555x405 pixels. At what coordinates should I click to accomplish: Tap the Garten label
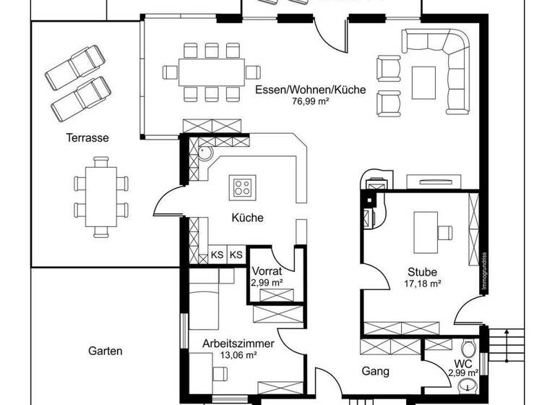[106, 351]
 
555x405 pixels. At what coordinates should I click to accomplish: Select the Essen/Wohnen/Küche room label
[310, 90]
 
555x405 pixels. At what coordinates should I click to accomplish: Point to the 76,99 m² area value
[310, 103]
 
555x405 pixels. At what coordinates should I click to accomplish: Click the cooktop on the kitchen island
[241, 188]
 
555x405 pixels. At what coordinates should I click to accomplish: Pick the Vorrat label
[266, 272]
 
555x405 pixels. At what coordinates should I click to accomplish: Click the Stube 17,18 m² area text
[422, 284]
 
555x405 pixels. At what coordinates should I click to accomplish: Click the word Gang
[375, 371]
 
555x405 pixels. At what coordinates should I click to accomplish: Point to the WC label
[463, 363]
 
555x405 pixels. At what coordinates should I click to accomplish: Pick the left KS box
[217, 255]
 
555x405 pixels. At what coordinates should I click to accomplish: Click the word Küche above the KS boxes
[247, 218]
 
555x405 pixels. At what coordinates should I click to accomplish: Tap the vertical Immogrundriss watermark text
[481, 271]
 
